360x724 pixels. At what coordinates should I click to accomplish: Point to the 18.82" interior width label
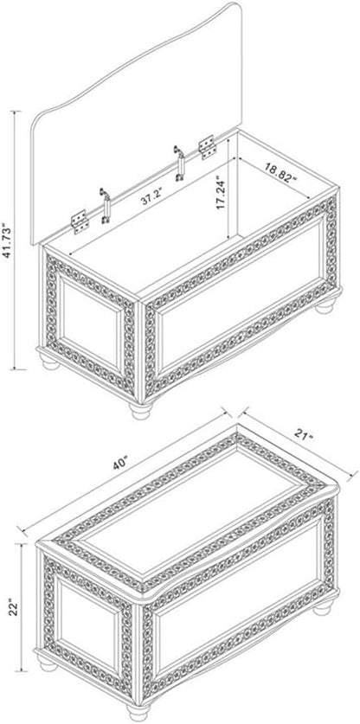(281, 173)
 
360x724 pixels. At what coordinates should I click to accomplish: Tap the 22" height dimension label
(14, 607)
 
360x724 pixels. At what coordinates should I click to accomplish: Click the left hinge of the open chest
(80, 221)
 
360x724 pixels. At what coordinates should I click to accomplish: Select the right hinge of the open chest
(207, 147)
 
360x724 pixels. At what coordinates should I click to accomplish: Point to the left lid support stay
(106, 206)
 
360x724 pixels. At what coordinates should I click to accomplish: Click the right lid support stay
(179, 163)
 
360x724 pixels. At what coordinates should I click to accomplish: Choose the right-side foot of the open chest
(325, 305)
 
